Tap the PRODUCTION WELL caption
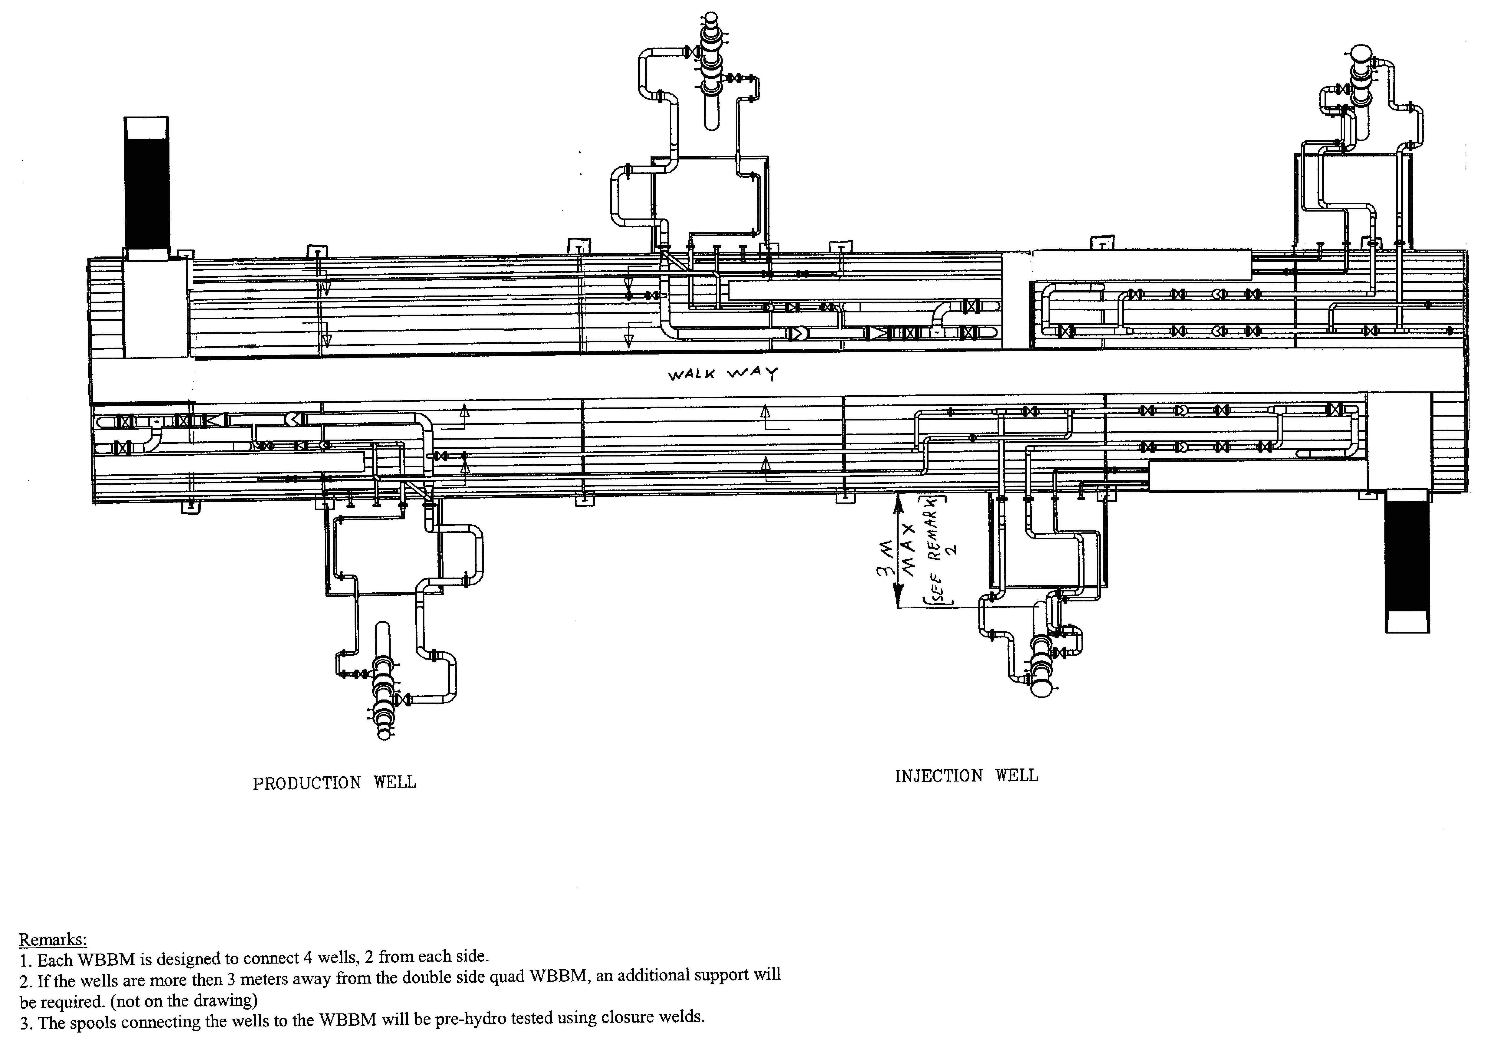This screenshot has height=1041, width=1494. (334, 783)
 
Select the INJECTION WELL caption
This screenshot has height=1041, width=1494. (966, 776)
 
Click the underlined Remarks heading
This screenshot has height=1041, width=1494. (52, 939)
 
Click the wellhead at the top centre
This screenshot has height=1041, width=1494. (711, 72)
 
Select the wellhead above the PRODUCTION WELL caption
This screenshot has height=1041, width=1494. (383, 683)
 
